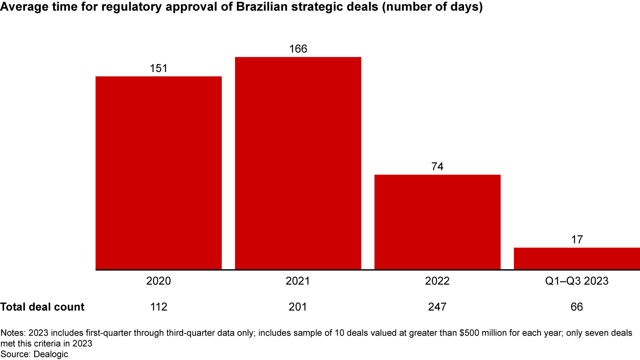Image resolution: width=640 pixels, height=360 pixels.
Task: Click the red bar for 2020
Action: click(159, 173)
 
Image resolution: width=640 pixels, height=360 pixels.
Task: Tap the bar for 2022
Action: click(437, 222)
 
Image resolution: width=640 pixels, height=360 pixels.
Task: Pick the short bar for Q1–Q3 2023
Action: click(576, 258)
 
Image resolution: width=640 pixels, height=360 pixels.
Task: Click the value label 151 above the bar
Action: click(159, 68)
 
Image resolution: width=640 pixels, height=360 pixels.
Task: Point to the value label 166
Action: click(298, 49)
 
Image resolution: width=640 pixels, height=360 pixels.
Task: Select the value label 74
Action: click(437, 167)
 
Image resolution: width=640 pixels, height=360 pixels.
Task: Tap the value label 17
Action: click(576, 240)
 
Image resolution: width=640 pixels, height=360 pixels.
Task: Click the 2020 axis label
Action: click(159, 281)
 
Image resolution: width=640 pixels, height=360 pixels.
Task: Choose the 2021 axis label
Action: click(298, 281)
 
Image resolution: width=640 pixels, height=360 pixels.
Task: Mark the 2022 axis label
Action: click(437, 281)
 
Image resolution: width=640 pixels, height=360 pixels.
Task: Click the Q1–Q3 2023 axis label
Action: click(576, 281)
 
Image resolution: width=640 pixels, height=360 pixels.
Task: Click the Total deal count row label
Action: click(42, 307)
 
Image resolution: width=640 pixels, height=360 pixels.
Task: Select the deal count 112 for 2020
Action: click(159, 307)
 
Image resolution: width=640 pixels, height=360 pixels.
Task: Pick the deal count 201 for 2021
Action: click(298, 307)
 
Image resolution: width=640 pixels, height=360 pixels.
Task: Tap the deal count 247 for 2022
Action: click(437, 307)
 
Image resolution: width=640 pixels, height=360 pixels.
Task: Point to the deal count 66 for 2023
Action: click(576, 307)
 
